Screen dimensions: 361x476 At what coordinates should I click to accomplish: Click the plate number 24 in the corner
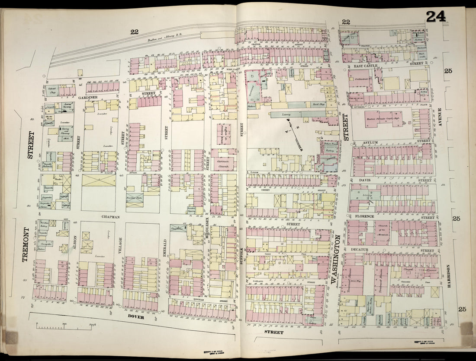(435, 16)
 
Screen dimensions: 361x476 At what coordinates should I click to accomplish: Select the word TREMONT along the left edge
(25, 245)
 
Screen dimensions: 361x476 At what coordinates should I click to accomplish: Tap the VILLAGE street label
(120, 245)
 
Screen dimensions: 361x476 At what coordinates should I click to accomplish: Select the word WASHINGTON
(334, 259)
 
